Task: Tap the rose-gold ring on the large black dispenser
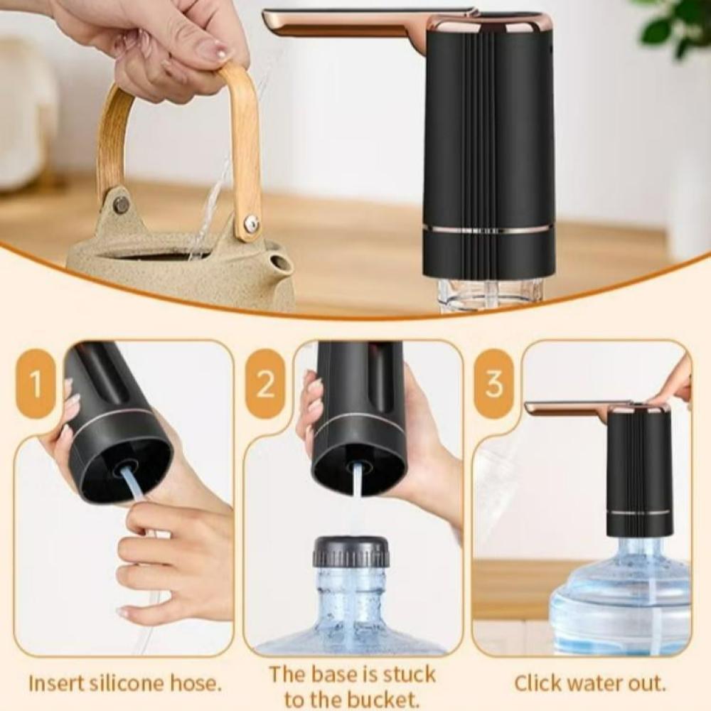489,229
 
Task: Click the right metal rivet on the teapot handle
251,223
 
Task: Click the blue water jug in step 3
621,594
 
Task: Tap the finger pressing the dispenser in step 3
671,385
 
